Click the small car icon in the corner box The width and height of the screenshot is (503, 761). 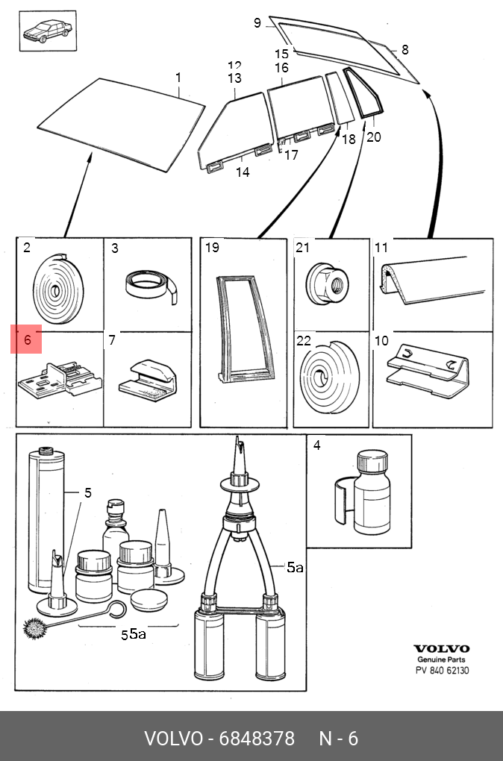coord(48,31)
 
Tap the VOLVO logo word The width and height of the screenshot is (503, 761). coord(441,649)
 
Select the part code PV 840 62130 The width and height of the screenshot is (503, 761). coord(442,671)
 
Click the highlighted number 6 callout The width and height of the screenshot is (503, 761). coord(27,339)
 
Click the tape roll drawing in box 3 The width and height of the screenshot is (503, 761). coord(151,286)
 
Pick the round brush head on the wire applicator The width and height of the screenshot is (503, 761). coord(34,628)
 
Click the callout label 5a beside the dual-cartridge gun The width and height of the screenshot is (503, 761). coord(295,567)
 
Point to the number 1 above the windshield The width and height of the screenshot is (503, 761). coord(178,78)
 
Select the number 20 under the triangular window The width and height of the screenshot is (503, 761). coord(373,137)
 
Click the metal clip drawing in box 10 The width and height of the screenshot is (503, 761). coord(428,371)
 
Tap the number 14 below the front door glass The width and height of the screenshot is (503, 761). coord(243,172)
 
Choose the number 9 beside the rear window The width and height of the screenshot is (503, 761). coord(257,23)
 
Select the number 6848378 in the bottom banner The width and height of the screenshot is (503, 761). coord(257,739)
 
